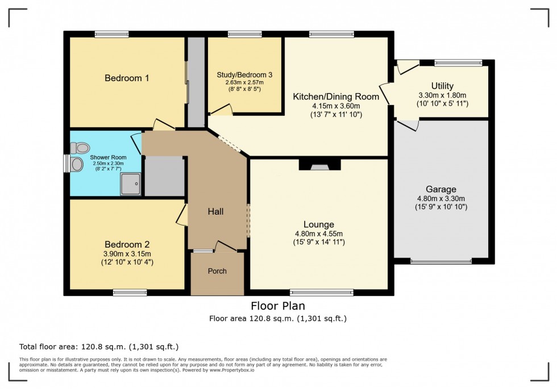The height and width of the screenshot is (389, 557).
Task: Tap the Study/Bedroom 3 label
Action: point(244,74)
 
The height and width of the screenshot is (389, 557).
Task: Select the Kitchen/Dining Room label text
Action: point(335,97)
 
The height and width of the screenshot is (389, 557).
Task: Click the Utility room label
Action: point(442,86)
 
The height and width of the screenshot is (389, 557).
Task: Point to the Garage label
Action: point(441,189)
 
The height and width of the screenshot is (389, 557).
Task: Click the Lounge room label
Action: point(319,224)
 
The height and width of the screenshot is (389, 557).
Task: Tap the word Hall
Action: point(215,212)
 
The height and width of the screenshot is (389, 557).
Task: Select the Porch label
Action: point(217,271)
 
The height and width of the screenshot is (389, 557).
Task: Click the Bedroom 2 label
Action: point(126,244)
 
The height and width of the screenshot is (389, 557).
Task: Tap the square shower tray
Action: point(130,183)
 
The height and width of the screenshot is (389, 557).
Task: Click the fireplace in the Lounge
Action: point(319,165)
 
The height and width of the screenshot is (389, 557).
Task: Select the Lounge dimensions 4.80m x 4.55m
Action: point(319,234)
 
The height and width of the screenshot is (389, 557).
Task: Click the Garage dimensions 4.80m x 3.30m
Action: point(441,199)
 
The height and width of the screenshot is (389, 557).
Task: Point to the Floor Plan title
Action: point(278,306)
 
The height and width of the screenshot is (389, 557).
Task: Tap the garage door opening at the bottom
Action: point(441,261)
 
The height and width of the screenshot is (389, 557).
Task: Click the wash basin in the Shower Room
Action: point(76,165)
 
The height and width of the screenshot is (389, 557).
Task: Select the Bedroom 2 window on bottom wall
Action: point(130,292)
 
